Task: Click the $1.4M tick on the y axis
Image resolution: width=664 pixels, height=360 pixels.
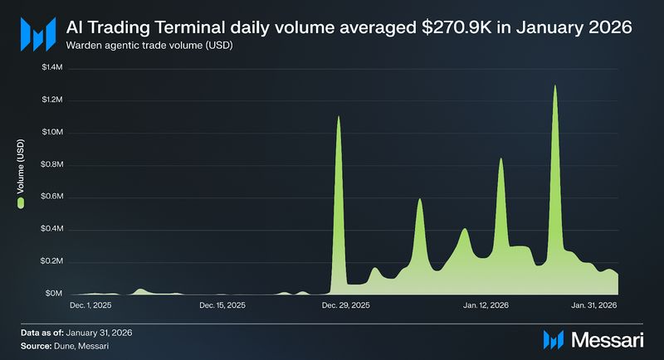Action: click(51, 67)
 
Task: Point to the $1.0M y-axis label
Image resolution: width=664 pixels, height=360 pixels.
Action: click(51, 132)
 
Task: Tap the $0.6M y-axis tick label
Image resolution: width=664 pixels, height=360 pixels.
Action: click(51, 197)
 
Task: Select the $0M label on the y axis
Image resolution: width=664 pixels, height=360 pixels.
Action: click(55, 294)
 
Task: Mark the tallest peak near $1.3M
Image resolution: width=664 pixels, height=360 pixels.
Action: click(554, 86)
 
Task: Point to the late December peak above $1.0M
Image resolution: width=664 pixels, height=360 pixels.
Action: click(339, 118)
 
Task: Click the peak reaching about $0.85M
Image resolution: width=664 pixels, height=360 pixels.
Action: click(500, 159)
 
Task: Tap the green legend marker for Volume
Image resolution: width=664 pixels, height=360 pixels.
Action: click(21, 202)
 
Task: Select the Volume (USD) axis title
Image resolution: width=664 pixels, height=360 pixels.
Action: click(21, 169)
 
